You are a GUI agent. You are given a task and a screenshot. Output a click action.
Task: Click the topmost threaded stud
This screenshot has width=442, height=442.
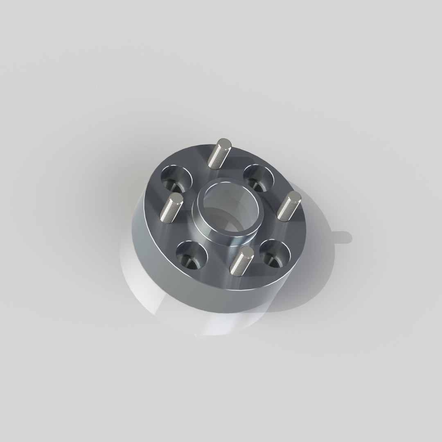219,154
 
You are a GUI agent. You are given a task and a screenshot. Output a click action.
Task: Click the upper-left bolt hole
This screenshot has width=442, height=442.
176,178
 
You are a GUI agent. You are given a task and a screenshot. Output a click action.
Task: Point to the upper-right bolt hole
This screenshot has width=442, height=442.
259,176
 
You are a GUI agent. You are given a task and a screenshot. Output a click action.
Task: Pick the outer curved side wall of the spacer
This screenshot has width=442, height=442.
184,295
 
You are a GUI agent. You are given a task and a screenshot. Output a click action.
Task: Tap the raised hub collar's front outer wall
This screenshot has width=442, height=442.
213,233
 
